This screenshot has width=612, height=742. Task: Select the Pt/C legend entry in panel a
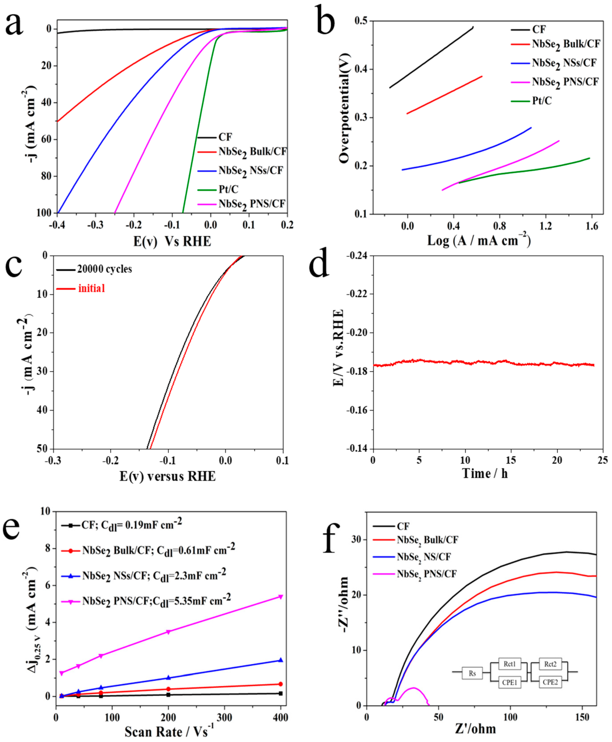point(228,189)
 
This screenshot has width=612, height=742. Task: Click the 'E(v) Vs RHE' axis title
point(172,241)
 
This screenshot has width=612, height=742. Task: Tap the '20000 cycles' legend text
point(104,269)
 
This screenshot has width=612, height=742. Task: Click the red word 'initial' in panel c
point(92,289)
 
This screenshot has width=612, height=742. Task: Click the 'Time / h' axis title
point(485,474)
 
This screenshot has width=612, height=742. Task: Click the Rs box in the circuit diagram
point(472,673)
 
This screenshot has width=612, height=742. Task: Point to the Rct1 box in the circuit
point(509,664)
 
